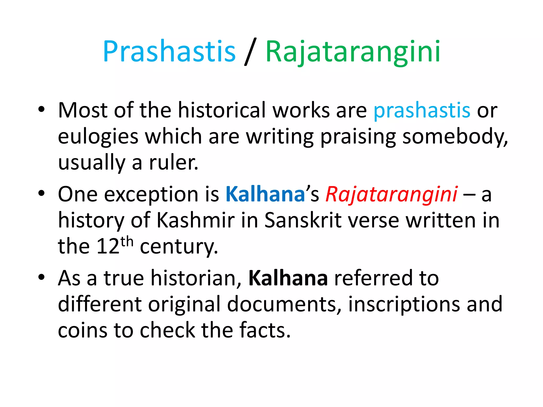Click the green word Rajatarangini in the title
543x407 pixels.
353,52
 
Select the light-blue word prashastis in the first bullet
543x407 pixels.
422,110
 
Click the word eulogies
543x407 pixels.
98,137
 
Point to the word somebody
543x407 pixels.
454,136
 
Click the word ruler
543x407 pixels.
173,162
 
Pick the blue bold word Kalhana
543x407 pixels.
265,194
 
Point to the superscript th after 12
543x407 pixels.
127,241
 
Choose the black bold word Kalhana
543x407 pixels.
288,278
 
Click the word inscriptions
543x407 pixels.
404,304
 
